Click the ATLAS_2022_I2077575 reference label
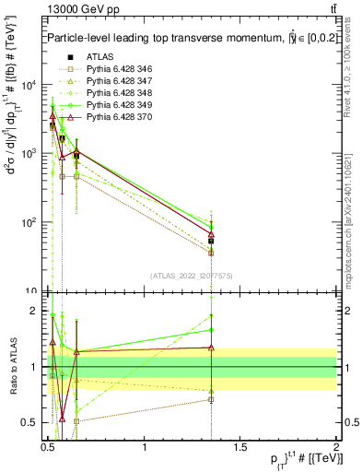[192, 275]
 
